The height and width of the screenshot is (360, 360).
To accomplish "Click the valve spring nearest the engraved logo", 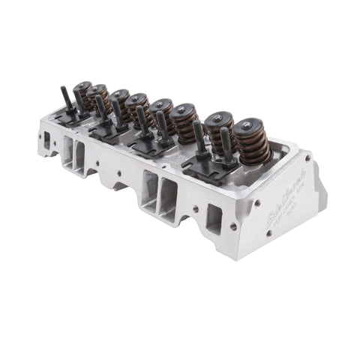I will tap(251, 144).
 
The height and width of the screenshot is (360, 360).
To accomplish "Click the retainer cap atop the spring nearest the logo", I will tap(250, 127).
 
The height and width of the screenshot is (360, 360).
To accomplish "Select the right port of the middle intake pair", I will tap(166, 198).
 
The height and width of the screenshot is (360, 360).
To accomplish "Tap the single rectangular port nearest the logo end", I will tap(214, 219).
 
